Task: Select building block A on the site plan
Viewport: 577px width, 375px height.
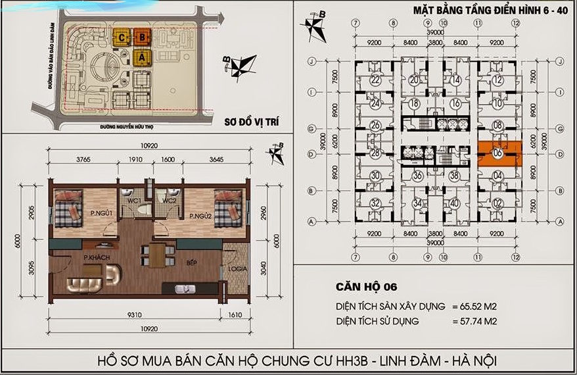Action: tap(141, 58)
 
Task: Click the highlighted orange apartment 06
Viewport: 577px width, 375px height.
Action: tap(499, 153)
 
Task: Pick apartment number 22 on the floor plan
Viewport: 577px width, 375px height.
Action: tap(375, 80)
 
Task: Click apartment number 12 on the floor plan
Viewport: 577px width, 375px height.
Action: tap(497, 80)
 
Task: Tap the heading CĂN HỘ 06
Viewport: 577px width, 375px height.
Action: tap(365, 287)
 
